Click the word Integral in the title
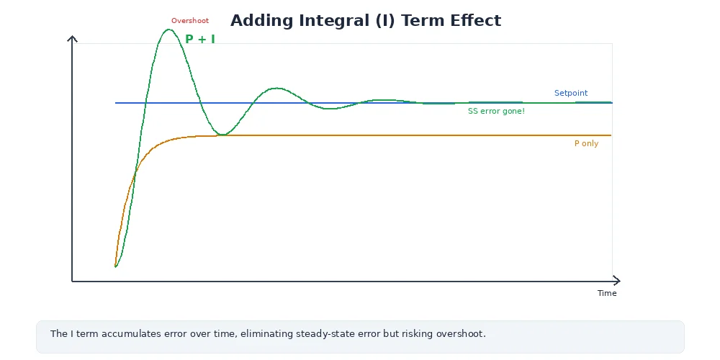[x=333, y=20]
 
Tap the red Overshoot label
[x=190, y=21]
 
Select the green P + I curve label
[x=200, y=40]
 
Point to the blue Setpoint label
[x=571, y=93]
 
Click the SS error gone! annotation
[x=496, y=112]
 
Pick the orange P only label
[x=586, y=144]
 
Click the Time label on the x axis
[x=607, y=293]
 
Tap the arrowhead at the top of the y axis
[x=72, y=37]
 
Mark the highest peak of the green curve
[x=169, y=30]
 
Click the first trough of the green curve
[x=224, y=135]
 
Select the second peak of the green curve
[x=277, y=88]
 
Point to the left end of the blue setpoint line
[x=116, y=103]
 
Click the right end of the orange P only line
[x=611, y=135]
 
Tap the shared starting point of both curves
[x=115, y=267]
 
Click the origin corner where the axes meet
[x=72, y=281]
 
